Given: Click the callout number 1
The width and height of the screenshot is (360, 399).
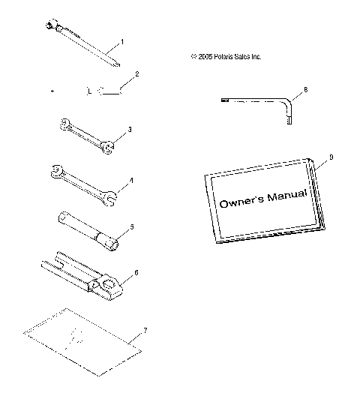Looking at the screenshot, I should pyautogui.click(x=122, y=43).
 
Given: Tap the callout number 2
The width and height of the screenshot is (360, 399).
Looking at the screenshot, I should pyautogui.click(x=137, y=74).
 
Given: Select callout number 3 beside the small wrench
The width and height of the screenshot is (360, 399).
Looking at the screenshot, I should pyautogui.click(x=130, y=129).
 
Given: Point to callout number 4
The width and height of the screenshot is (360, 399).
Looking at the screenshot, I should pyautogui.click(x=131, y=180).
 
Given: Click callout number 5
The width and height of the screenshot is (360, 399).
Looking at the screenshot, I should pyautogui.click(x=131, y=225).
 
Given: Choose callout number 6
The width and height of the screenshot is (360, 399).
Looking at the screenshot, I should pyautogui.click(x=136, y=274).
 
